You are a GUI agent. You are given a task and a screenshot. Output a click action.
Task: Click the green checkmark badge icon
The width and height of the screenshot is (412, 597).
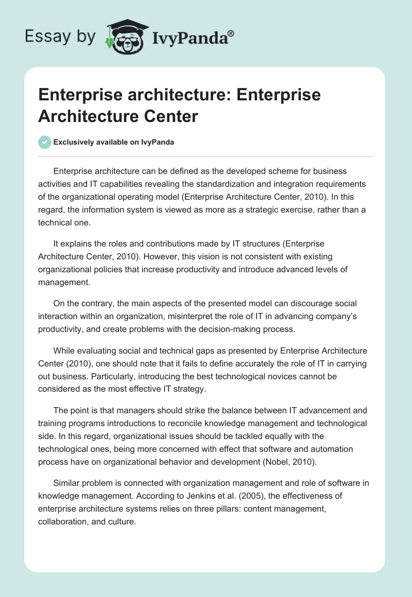pos(45,142)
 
